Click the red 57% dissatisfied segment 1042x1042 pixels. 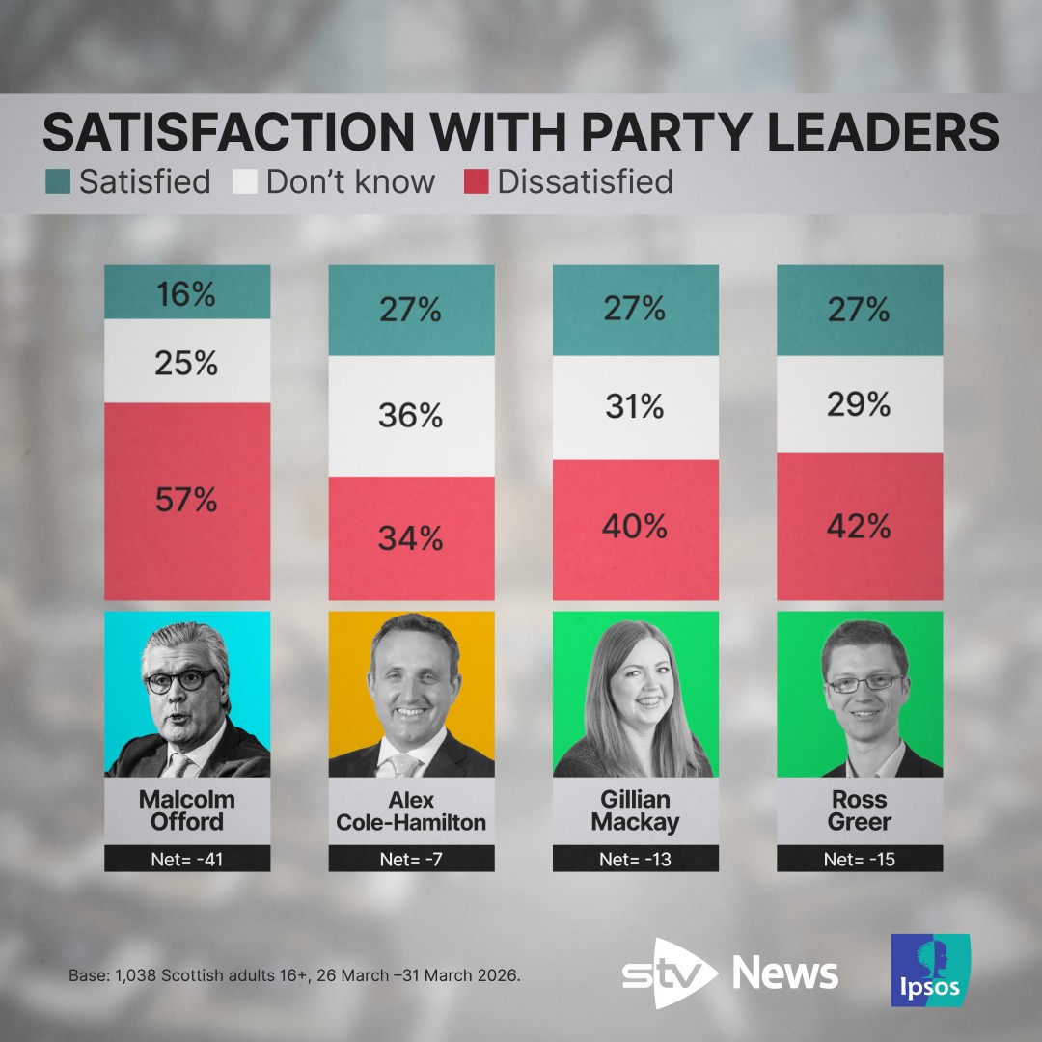(187, 501)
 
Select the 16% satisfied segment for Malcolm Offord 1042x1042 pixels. (187, 293)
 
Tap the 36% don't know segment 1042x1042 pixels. (411, 416)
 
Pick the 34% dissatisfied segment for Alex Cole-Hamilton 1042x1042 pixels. (411, 537)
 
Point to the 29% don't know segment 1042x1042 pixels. (859, 405)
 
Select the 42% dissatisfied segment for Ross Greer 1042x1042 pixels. (859, 527)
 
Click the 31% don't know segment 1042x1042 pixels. (635, 408)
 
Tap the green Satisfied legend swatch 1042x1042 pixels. (58, 181)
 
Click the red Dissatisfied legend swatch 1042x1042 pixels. (477, 181)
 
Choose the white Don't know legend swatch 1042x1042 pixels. (245, 181)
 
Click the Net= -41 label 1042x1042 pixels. (187, 859)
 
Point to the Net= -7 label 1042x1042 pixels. (411, 859)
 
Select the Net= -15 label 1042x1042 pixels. (859, 859)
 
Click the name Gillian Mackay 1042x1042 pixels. (635, 810)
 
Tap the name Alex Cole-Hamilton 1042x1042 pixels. (411, 810)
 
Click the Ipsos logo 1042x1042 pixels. (930, 971)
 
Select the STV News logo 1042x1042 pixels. (729, 973)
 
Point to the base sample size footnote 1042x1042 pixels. (294, 975)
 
